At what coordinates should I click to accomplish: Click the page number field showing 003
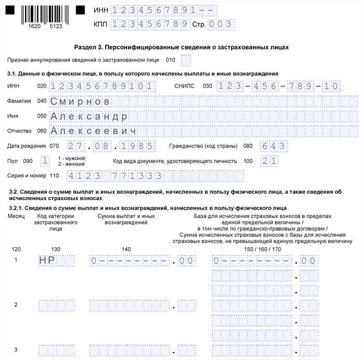click(x=221, y=24)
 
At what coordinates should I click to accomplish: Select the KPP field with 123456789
click(x=149, y=24)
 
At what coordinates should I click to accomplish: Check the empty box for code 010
click(x=186, y=60)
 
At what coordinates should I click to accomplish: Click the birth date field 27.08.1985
click(x=111, y=146)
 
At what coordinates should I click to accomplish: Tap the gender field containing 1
click(x=45, y=161)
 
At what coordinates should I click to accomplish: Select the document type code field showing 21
click(x=269, y=161)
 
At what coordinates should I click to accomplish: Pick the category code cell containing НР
click(x=56, y=261)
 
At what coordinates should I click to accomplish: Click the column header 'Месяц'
click(x=16, y=216)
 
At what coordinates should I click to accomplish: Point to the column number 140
click(x=126, y=249)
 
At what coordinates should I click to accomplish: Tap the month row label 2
click(x=16, y=305)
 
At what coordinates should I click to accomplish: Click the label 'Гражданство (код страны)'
click(x=204, y=146)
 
